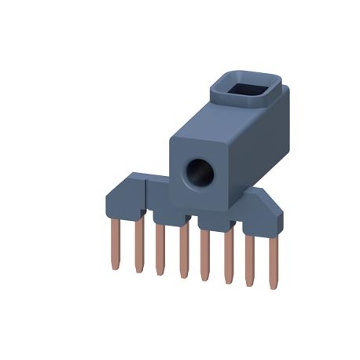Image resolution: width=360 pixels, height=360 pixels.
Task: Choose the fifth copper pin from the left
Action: [205, 255]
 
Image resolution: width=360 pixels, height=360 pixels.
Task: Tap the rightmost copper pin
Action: [273, 263]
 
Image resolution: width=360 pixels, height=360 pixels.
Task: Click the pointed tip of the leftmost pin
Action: [115, 268]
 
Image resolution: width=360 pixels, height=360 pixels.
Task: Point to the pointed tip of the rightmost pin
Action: [274, 287]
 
